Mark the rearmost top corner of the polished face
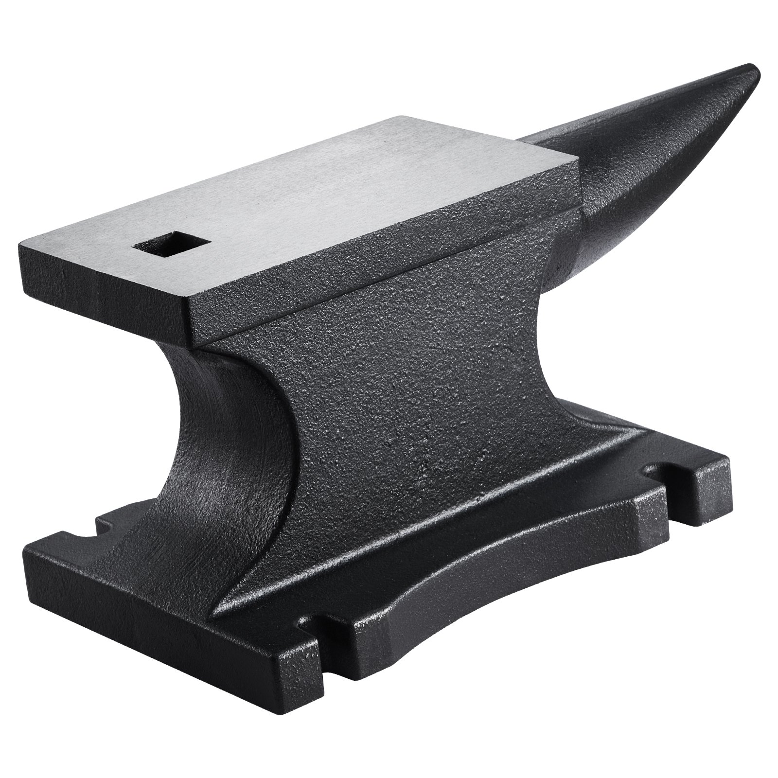coord(402,117)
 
